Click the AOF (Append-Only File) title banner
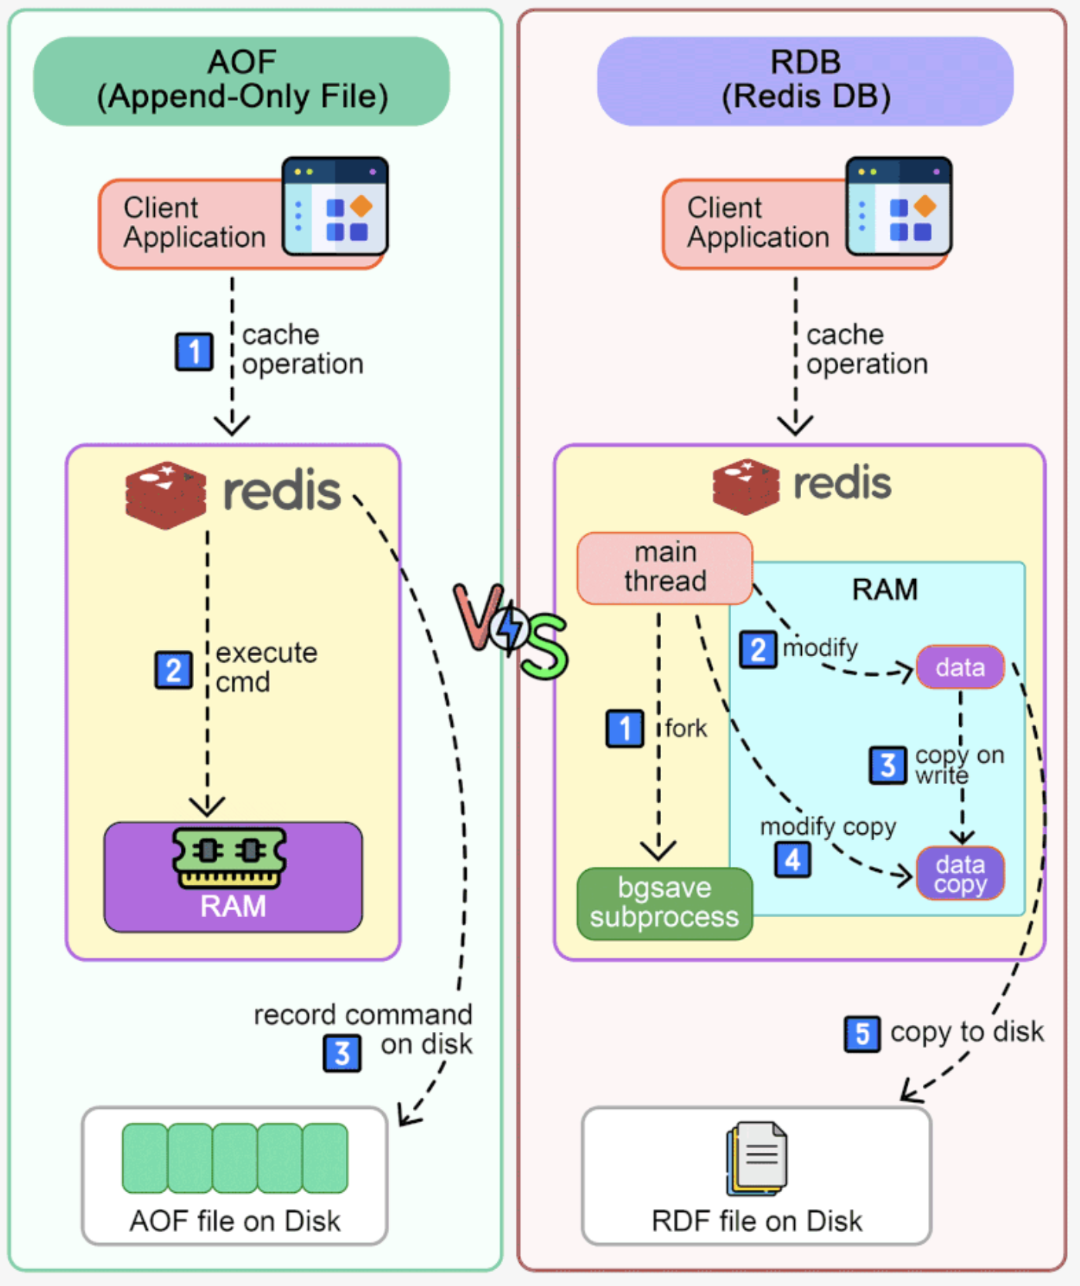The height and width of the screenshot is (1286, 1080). [241, 81]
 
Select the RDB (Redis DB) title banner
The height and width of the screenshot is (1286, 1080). [805, 81]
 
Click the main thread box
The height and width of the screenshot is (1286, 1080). [664, 568]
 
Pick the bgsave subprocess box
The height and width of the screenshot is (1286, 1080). [664, 903]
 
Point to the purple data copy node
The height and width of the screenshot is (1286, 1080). [960, 873]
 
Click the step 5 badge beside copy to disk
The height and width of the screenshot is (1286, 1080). [862, 1033]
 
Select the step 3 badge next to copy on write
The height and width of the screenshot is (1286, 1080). [887, 765]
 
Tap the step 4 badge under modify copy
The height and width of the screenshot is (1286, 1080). [793, 859]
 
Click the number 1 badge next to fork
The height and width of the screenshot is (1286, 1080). [625, 728]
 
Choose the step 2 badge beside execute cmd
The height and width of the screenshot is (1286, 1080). [173, 670]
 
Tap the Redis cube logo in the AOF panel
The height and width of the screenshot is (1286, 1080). [166, 494]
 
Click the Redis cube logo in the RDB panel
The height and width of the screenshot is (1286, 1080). [745, 486]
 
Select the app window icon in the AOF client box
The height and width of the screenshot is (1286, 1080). [335, 206]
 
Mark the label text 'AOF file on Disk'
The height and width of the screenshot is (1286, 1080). [234, 1221]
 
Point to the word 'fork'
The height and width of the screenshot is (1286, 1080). [686, 728]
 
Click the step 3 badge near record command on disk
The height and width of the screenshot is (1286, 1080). [342, 1054]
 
